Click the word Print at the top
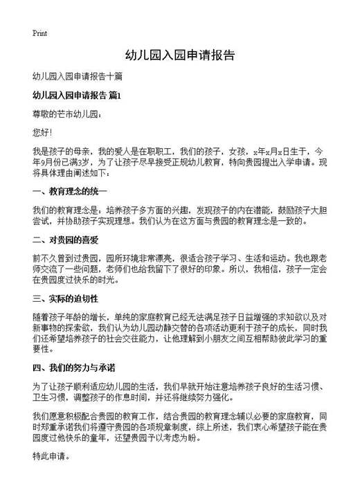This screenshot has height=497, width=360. click(39, 33)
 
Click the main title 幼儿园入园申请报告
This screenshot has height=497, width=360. click(179, 55)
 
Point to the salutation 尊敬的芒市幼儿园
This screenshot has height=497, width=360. click(67, 113)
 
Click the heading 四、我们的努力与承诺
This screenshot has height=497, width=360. click(74, 366)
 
